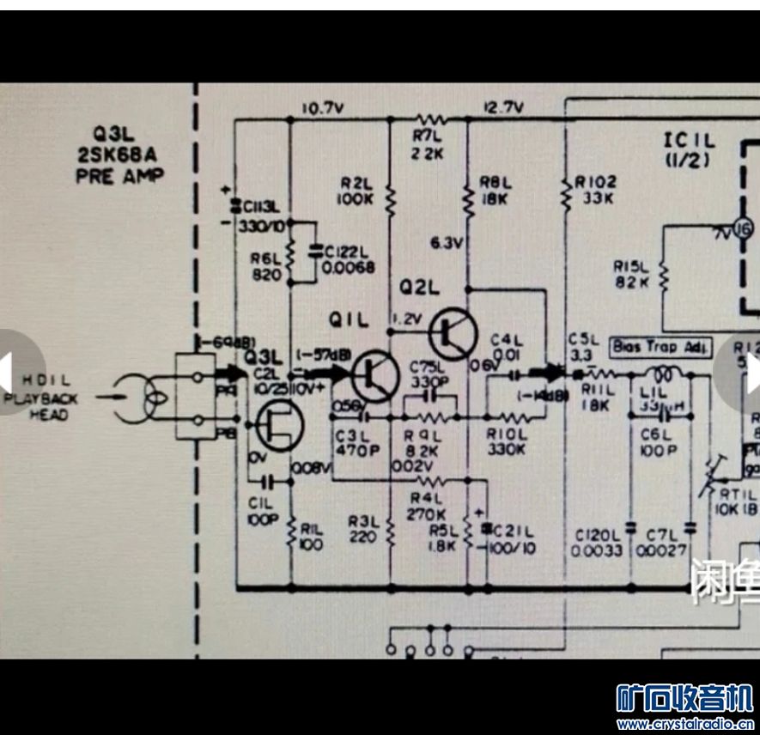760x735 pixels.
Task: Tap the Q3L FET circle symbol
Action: pyautogui.click(x=277, y=426)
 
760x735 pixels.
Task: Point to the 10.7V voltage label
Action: pyautogui.click(x=323, y=109)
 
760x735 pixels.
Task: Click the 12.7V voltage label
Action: pyautogui.click(x=503, y=108)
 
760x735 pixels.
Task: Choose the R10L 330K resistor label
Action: pyautogui.click(x=506, y=441)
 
